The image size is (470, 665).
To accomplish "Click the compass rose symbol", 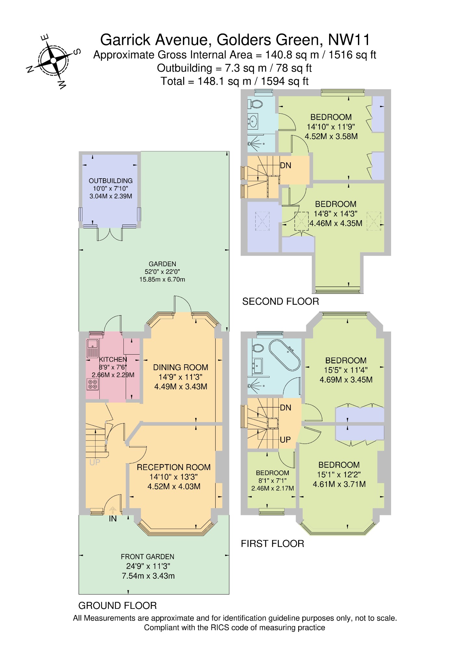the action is click(x=53, y=61).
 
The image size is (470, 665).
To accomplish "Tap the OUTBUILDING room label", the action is click(x=111, y=181).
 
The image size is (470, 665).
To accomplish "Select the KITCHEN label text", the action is click(x=113, y=359).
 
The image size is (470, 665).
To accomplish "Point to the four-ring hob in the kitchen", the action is click(x=93, y=384).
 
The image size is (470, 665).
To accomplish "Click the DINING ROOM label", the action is click(x=181, y=367).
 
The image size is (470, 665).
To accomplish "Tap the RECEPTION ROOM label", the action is click(x=174, y=467).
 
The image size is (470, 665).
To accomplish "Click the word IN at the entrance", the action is click(x=113, y=519).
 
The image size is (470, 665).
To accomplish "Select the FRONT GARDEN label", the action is click(x=147, y=557).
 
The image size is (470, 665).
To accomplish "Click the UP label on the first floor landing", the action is click(x=285, y=440).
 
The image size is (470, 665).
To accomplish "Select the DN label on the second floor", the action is click(x=286, y=166).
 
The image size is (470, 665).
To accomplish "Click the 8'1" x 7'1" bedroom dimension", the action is click(x=272, y=481).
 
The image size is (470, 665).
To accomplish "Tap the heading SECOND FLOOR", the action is click(x=281, y=302).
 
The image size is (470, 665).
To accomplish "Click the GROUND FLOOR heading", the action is click(x=118, y=606).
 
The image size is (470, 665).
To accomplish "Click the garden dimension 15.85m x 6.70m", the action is click(x=162, y=279).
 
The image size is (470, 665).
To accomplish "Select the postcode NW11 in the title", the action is click(x=349, y=40).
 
